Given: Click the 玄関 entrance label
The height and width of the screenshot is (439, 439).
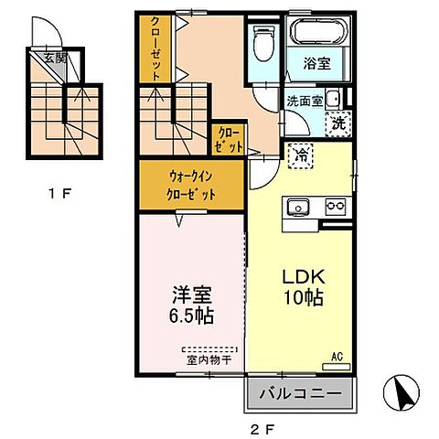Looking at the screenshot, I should [41, 58].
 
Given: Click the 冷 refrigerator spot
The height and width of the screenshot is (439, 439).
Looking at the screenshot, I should [299, 155].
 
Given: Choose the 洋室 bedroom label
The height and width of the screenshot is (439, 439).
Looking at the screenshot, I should [192, 296].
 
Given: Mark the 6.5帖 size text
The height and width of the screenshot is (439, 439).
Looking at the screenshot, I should [192, 317].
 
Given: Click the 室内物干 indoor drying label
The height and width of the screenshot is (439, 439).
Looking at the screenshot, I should [209, 360].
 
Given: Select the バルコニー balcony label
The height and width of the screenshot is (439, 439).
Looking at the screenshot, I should [298, 393].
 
